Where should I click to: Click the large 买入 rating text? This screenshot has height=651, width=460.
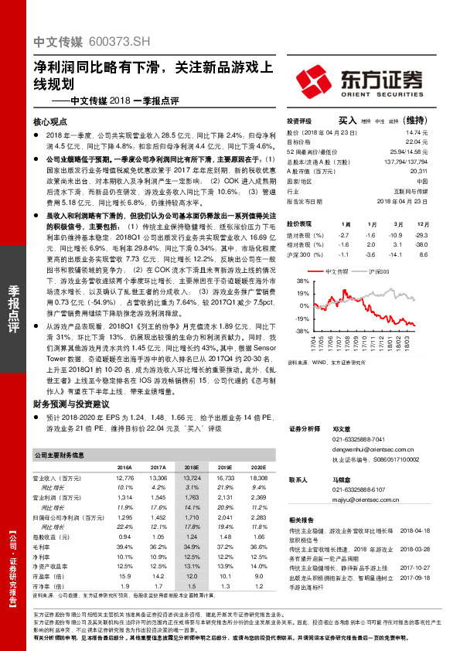point(347,121)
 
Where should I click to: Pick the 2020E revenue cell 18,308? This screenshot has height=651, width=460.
point(257,479)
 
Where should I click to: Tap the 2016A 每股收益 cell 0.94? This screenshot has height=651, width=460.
point(124,535)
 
